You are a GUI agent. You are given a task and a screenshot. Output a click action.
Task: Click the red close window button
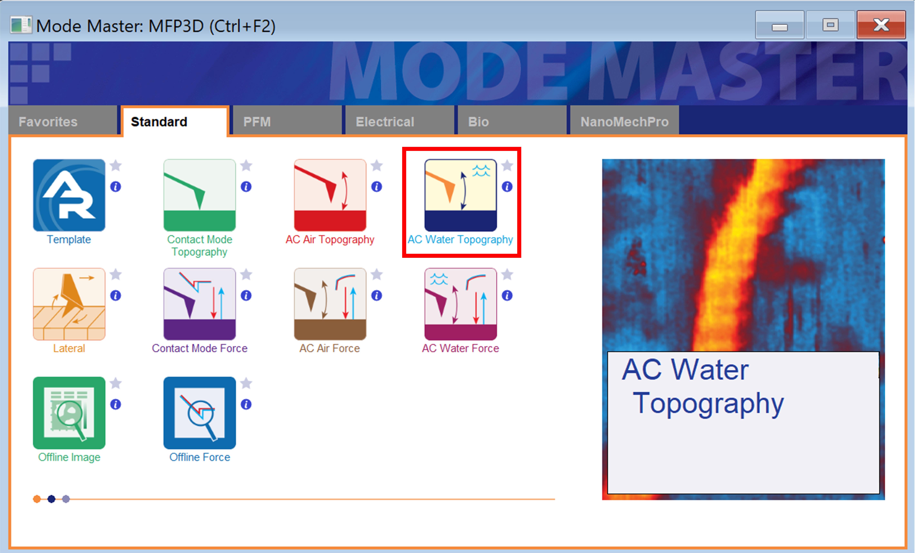[881, 25]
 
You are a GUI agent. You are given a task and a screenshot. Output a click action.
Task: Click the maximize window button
[830, 25]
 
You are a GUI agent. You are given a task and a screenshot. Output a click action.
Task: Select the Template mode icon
[69, 195]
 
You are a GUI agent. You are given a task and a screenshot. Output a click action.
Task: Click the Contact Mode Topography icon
[199, 195]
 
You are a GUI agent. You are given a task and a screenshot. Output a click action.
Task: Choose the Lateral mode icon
[69, 304]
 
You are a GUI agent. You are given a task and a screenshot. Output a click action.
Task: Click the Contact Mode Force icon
[199, 304]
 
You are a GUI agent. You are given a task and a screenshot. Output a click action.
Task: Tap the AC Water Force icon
[460, 304]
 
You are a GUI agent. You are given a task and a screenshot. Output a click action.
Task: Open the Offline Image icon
[69, 413]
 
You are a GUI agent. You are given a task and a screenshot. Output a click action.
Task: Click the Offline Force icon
[199, 413]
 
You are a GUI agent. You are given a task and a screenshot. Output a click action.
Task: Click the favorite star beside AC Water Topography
[507, 165]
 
